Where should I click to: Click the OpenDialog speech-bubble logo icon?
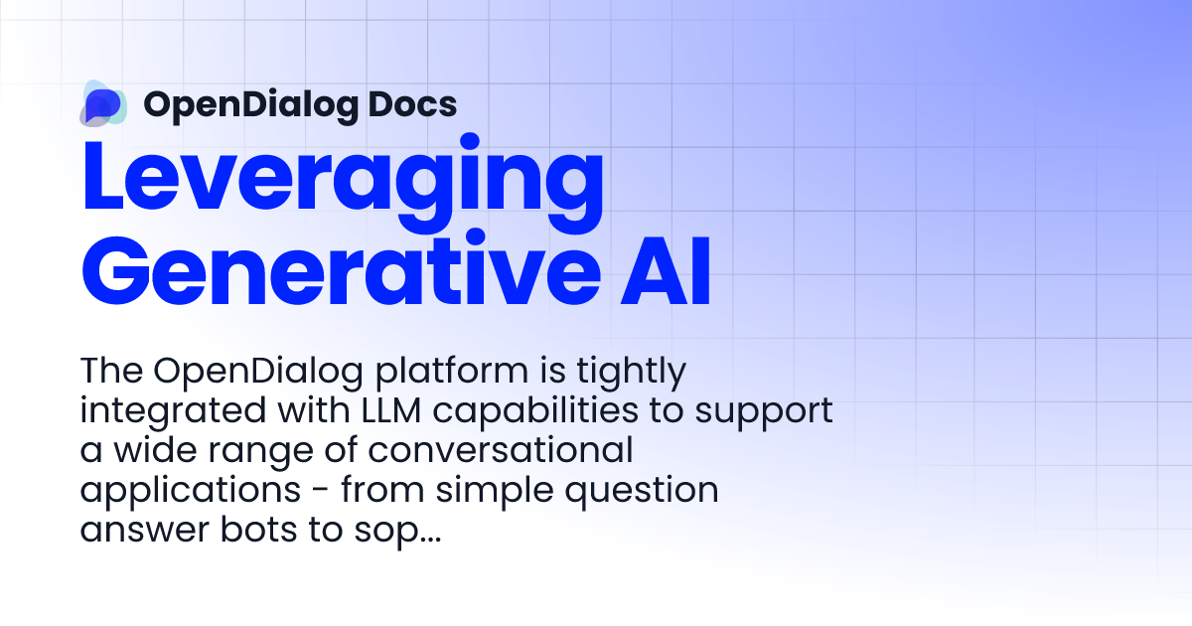[104, 104]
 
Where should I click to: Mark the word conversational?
[497, 451]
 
